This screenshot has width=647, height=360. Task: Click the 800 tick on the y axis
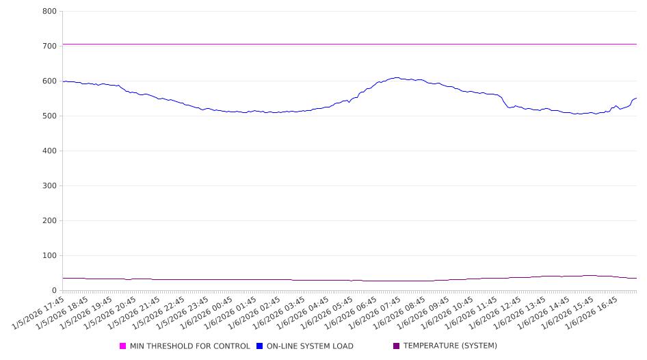coord(49,12)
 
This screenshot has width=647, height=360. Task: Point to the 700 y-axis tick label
coord(49,47)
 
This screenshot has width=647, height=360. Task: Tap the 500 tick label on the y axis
coord(49,116)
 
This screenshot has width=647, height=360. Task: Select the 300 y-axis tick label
coord(49,186)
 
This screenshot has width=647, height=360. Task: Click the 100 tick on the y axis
coord(49,256)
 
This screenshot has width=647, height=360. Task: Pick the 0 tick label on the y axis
coord(54,291)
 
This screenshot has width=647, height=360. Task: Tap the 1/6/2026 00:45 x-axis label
coord(208,311)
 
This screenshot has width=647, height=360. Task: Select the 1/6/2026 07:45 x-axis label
coord(375,311)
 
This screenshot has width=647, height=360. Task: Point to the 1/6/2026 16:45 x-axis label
coord(591,311)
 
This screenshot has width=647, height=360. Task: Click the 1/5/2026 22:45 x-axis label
coord(160,311)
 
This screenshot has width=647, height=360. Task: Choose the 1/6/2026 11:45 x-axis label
coord(471,311)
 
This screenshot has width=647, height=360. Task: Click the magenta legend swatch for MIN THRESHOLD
coord(123,346)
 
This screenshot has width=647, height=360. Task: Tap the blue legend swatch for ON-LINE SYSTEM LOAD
coord(260,346)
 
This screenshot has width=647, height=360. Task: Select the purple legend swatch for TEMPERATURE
coord(397,346)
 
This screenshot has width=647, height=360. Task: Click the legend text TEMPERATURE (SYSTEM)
coord(450,346)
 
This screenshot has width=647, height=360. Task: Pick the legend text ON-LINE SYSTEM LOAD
coord(310,346)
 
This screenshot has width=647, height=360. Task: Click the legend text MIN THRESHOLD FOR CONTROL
coord(190,346)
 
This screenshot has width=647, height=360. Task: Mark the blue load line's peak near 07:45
coord(397,77)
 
